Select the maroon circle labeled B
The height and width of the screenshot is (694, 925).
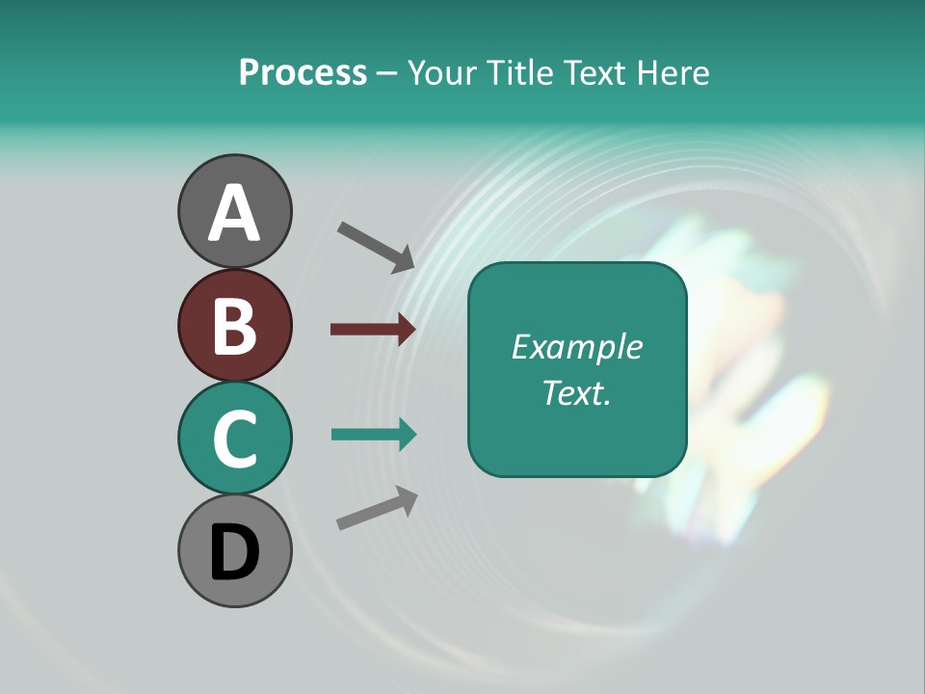tap(234, 325)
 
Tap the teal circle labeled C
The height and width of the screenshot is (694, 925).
tap(234, 438)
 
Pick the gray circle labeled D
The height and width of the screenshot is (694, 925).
tap(234, 550)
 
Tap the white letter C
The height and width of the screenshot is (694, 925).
tap(234, 439)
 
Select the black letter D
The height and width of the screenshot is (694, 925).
tap(234, 552)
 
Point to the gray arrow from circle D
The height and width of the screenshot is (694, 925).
tap(377, 508)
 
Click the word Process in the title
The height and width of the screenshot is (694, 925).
tap(303, 73)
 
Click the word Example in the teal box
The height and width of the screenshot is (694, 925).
tap(576, 347)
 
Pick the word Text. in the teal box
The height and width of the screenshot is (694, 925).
tap(576, 392)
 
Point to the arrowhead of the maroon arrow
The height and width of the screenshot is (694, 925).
tap(406, 330)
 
